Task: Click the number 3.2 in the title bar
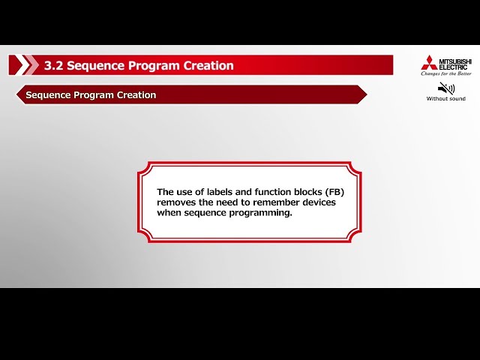pos(53,65)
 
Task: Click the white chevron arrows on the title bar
pos(26,65)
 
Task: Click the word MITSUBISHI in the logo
pos(456,59)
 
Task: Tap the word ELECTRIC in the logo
pos(453,67)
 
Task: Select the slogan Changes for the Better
pos(446,74)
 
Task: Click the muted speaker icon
pos(445,88)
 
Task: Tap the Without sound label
pos(445,99)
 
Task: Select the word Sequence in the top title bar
pos(95,65)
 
